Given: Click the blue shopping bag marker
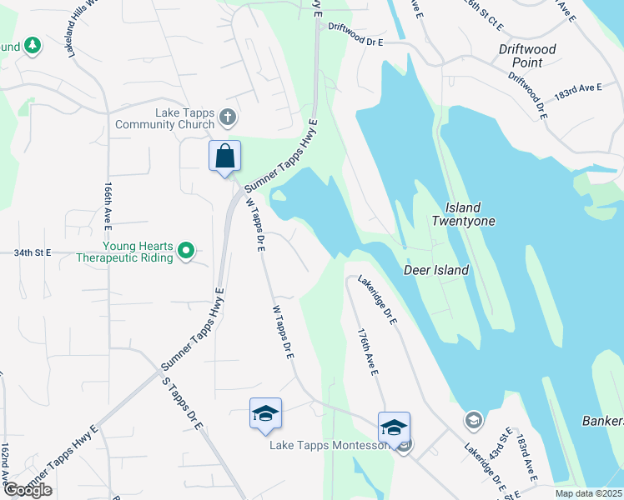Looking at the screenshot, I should tap(224, 156).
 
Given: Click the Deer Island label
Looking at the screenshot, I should tap(435, 270).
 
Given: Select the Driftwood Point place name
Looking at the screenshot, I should tap(527, 56).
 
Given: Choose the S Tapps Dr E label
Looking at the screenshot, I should tap(182, 403).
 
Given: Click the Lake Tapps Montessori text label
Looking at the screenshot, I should tap(329, 445).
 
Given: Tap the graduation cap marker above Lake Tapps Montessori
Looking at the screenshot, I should tap(394, 428).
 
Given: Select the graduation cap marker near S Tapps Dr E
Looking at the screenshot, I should tap(265, 414).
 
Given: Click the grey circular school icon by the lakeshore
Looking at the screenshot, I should tap(473, 419).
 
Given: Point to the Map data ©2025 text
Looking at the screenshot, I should tap(588, 493).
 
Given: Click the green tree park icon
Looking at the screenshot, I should tap(33, 46).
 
